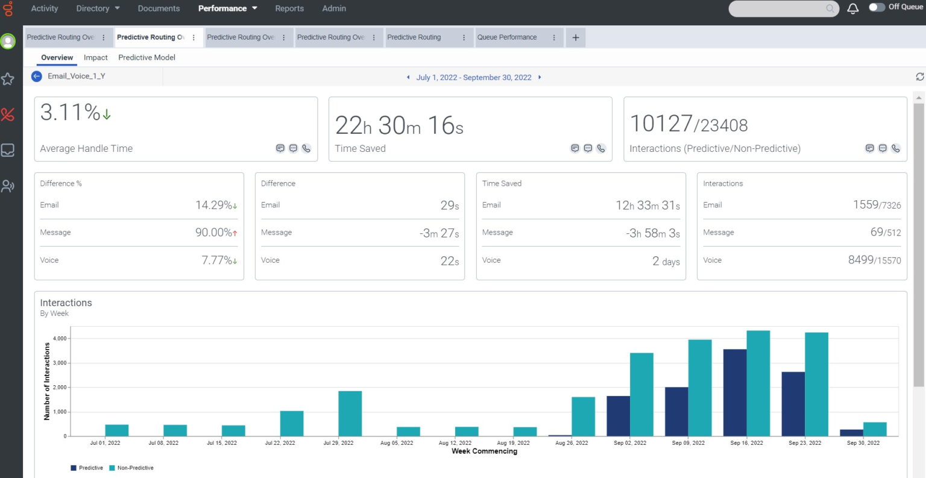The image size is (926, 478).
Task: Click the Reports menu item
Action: point(289,8)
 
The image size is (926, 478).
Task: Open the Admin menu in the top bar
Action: point(334,8)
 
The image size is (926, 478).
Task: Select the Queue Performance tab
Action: point(507,37)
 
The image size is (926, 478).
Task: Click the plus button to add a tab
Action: point(576,37)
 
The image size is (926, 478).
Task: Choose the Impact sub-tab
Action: point(96,58)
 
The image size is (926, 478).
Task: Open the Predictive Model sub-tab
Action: point(146,58)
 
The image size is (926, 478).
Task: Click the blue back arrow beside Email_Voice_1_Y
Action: point(37,77)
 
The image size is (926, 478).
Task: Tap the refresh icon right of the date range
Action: point(919,77)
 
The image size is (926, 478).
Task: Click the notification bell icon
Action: point(853,8)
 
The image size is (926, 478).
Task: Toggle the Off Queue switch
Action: point(877,7)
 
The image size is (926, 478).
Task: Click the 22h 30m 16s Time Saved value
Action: point(399,125)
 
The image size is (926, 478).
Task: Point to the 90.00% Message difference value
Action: point(214,233)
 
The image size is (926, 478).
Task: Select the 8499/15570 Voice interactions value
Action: point(874,260)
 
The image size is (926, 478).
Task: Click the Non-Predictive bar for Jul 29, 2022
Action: point(350,414)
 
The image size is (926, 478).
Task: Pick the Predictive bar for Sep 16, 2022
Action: point(735,392)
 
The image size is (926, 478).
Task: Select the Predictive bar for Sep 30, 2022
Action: point(851,433)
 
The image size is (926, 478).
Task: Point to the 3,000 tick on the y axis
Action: point(60,363)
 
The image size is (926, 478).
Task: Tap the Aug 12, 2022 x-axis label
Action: point(455,443)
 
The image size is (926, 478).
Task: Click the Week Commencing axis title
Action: point(484,451)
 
